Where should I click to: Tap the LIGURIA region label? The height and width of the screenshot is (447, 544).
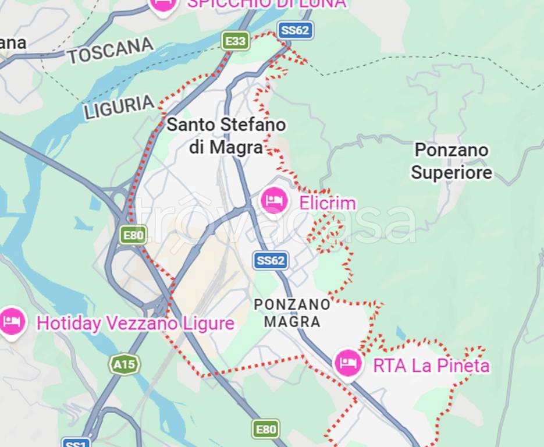tap(119, 108)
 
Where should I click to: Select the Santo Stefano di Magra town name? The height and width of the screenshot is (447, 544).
tap(226, 136)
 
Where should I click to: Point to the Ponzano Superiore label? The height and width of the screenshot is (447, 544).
tap(451, 161)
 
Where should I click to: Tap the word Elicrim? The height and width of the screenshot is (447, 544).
tap(328, 203)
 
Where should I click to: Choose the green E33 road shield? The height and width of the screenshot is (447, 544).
tap(235, 41)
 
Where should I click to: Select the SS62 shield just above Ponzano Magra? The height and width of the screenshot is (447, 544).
tap(271, 260)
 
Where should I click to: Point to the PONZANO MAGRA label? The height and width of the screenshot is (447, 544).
tap(292, 313)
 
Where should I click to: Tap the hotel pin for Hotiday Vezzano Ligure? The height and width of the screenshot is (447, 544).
tap(12, 321)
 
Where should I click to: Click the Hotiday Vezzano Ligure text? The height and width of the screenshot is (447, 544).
tap(135, 324)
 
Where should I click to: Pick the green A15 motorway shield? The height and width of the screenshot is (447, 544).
tap(124, 365)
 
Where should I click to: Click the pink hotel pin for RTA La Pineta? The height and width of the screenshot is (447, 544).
tap(348, 363)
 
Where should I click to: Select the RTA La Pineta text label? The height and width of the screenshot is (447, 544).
tap(431, 366)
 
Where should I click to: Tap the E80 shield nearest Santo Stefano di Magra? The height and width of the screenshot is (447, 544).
tap(133, 235)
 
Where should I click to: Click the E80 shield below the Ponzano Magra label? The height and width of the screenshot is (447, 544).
tap(266, 430)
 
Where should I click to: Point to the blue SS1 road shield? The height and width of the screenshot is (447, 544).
tap(76, 443)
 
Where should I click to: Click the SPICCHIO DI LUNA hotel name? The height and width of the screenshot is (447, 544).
tap(266, 3)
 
